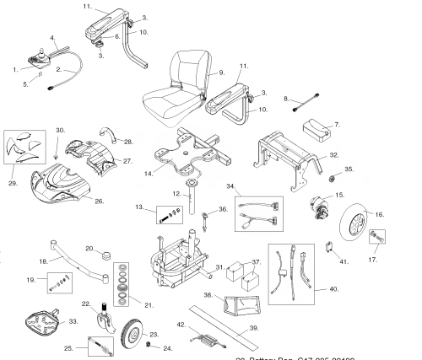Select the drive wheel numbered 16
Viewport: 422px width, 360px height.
pyautogui.click(x=364, y=226)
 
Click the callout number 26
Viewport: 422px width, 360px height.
pyautogui.click(x=100, y=201)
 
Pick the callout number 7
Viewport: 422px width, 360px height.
pyautogui.click(x=338, y=125)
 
